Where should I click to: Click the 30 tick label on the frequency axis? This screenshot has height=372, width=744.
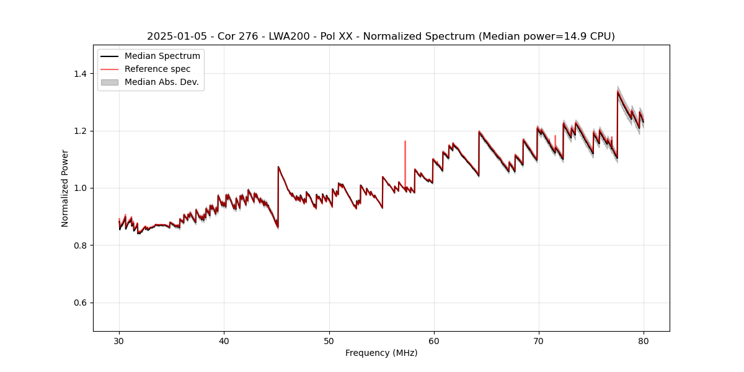(x=120, y=340)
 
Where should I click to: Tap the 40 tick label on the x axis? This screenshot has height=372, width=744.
(x=224, y=340)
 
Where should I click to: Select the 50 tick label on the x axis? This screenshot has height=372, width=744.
(x=329, y=340)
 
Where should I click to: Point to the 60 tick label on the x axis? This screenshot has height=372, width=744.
(x=434, y=340)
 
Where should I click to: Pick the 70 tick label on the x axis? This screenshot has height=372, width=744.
(x=539, y=340)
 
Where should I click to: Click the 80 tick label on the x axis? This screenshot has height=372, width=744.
(x=644, y=340)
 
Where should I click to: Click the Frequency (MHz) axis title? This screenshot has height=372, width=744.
(x=381, y=353)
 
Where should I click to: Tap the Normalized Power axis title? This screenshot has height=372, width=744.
(x=65, y=188)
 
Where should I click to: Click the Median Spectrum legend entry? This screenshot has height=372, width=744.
(x=162, y=56)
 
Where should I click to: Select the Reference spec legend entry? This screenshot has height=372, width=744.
(x=157, y=69)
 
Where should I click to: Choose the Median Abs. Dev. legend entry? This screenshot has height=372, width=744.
(x=161, y=82)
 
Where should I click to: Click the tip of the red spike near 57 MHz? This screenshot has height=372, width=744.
(x=405, y=141)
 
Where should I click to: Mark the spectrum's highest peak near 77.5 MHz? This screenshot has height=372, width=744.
(x=618, y=92)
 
